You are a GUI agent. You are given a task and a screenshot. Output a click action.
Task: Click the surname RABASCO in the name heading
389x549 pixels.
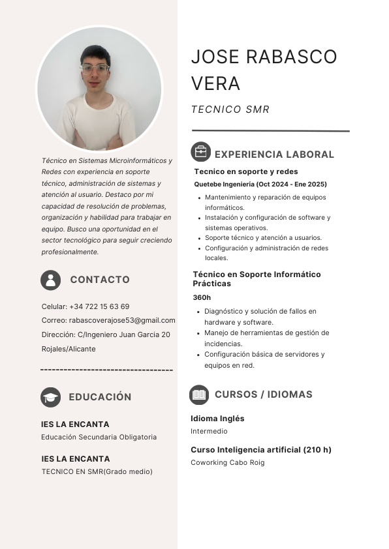click(x=292, y=57)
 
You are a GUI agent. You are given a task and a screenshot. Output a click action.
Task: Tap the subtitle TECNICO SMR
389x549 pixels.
click(x=230, y=110)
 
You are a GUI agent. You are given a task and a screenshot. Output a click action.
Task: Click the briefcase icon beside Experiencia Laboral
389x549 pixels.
click(x=200, y=152)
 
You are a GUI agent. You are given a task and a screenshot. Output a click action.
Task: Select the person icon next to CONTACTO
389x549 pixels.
click(x=50, y=280)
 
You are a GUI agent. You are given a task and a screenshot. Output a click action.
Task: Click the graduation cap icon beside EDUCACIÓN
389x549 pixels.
click(x=50, y=396)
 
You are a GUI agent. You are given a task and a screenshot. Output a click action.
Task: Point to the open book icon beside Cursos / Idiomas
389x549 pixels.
click(x=199, y=394)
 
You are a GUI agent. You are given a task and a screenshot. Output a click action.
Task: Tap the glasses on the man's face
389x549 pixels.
click(x=95, y=68)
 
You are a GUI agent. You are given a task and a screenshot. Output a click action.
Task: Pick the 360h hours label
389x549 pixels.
click(x=202, y=297)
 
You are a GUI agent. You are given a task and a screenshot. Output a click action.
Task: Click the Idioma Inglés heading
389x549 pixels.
click(x=217, y=419)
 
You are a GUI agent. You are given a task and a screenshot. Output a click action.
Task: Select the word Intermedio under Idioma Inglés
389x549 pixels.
click(x=209, y=432)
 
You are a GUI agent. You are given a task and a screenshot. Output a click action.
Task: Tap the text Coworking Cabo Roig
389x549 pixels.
click(x=227, y=463)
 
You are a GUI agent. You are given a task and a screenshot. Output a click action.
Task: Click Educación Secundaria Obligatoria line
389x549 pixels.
click(x=99, y=437)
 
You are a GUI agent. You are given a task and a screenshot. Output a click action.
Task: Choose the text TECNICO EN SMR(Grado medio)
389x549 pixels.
click(x=97, y=471)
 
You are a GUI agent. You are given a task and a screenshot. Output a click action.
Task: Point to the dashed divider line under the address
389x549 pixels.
click(x=106, y=370)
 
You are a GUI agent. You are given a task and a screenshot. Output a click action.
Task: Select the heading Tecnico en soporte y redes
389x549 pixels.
click(x=245, y=171)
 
